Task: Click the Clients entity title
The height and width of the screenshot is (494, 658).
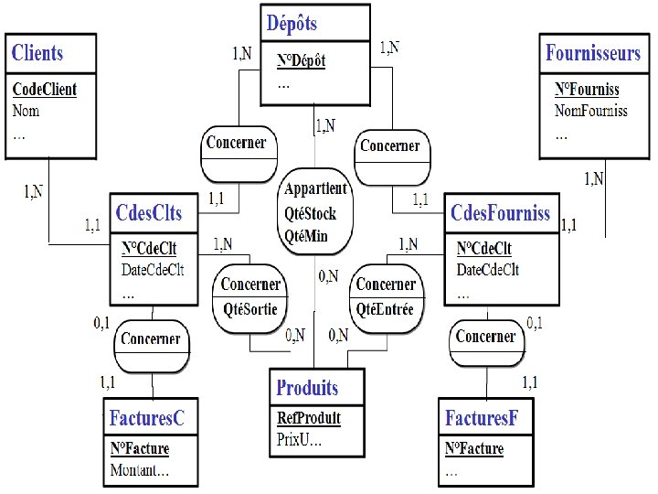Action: [37, 53]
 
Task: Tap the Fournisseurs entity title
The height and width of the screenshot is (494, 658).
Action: [593, 53]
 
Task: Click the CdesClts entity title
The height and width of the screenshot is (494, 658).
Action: [149, 213]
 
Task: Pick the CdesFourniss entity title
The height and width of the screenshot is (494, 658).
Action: [501, 213]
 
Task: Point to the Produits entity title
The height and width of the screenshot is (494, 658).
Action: [307, 388]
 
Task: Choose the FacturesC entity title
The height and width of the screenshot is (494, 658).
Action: [147, 418]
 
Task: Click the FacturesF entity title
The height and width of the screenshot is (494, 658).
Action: [482, 418]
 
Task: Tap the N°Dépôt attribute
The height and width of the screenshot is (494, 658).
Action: [302, 61]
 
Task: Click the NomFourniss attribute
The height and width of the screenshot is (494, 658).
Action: [591, 111]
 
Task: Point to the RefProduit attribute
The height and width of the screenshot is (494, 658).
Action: [309, 418]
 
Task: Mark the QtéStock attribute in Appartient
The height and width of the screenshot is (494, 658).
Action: [311, 214]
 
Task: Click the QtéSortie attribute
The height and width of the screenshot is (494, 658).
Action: [250, 309]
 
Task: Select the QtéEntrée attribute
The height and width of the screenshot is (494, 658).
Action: [385, 309]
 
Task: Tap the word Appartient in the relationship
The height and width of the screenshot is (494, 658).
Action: [316, 189]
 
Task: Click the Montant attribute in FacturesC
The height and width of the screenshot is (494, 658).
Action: [139, 471]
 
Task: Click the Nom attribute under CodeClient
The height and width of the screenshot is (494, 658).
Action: [26, 111]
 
